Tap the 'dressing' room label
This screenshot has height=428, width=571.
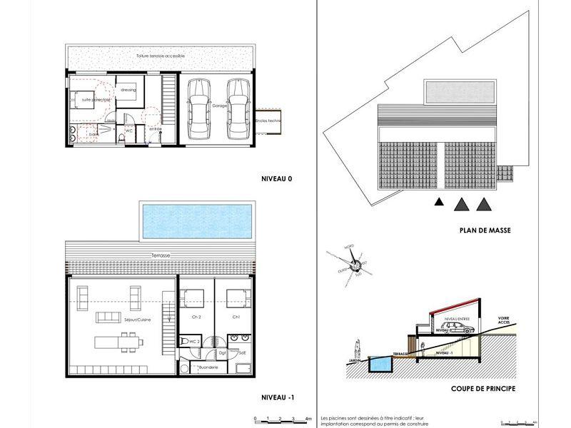tap(128, 91)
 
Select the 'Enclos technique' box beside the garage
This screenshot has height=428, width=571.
tap(270, 121)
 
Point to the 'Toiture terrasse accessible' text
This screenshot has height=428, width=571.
tap(160, 55)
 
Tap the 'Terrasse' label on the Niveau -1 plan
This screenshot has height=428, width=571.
tap(160, 255)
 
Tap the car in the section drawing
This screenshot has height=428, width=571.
tap(461, 330)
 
